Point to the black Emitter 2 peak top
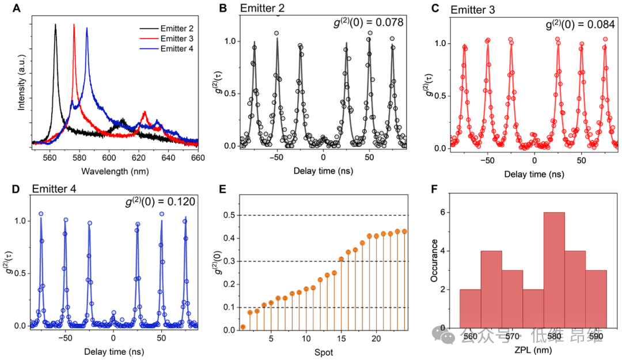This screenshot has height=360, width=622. (x=56, y=25)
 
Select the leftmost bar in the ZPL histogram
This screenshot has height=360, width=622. (x=471, y=308)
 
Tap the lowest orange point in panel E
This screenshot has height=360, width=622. (x=243, y=327)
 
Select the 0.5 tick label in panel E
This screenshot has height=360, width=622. (x=228, y=215)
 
